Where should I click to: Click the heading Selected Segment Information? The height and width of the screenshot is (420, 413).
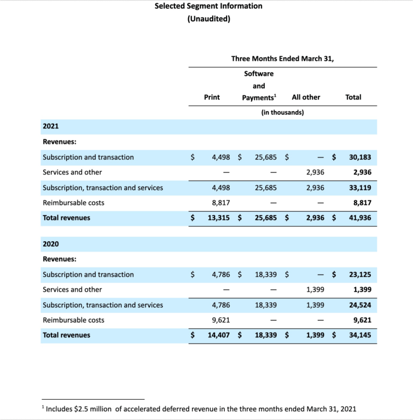click(x=208, y=6)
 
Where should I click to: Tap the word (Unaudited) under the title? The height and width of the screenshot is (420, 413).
click(x=208, y=19)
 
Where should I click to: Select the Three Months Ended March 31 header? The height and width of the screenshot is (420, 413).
click(x=282, y=59)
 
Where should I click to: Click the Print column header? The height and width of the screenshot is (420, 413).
click(x=212, y=97)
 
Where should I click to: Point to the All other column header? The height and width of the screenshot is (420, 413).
click(x=306, y=97)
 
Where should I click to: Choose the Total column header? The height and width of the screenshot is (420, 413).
click(x=353, y=97)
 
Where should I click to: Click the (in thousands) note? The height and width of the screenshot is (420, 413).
click(x=282, y=113)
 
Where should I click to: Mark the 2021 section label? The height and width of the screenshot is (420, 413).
click(x=51, y=127)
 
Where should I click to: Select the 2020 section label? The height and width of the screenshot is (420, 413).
click(x=51, y=244)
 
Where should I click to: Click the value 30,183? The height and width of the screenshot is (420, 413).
click(x=360, y=157)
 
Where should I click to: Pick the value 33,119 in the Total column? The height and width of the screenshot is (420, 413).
click(x=360, y=188)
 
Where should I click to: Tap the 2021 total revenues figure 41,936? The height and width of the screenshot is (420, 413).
click(x=360, y=218)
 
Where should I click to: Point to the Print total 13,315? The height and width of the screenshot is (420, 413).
click(x=219, y=218)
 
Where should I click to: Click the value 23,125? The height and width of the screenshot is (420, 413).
click(x=360, y=275)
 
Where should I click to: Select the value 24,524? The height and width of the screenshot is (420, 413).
click(x=360, y=305)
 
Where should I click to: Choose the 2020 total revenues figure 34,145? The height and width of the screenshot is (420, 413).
click(x=360, y=335)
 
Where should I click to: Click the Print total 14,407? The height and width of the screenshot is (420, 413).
click(x=219, y=335)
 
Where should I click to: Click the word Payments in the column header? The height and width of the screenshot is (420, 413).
click(x=258, y=97)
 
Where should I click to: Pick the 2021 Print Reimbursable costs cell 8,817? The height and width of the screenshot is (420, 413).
click(x=220, y=203)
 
